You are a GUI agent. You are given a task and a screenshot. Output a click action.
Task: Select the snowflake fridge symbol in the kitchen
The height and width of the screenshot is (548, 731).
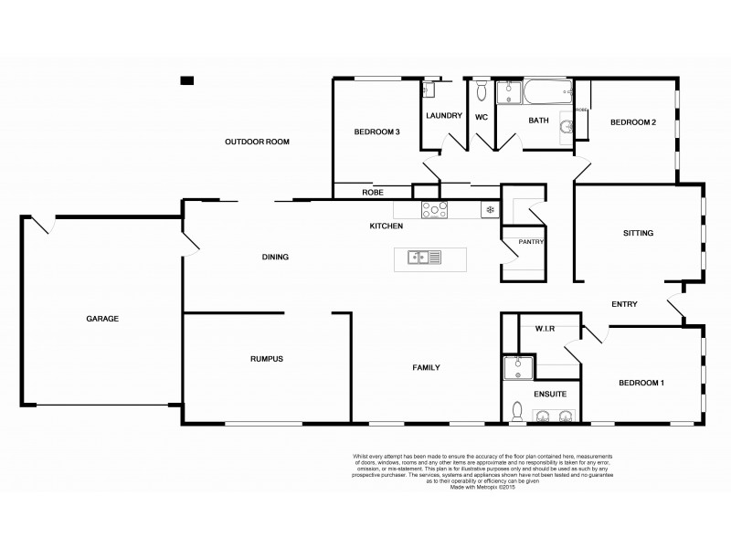click(x=490, y=210)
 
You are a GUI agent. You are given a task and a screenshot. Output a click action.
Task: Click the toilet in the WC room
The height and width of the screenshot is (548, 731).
click(x=482, y=91)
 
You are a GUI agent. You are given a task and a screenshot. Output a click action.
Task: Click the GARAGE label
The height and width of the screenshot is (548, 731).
click(x=102, y=319)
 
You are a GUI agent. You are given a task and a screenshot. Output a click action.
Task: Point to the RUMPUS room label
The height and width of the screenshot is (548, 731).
click(x=266, y=359)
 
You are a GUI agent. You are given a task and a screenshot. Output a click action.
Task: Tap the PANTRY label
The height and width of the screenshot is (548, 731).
click(x=531, y=242)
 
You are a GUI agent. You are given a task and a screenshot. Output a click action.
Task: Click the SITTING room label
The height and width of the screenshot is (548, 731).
click(x=638, y=233)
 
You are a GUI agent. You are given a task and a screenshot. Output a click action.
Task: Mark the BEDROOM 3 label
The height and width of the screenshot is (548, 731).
click(x=376, y=132)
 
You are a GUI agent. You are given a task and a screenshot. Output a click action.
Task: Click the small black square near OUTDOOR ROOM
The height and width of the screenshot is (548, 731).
click(x=187, y=80)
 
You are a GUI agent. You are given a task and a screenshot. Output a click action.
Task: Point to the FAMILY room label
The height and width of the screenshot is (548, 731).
click(x=427, y=367)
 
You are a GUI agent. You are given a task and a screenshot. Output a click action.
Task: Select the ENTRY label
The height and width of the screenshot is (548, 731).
click(x=624, y=304)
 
